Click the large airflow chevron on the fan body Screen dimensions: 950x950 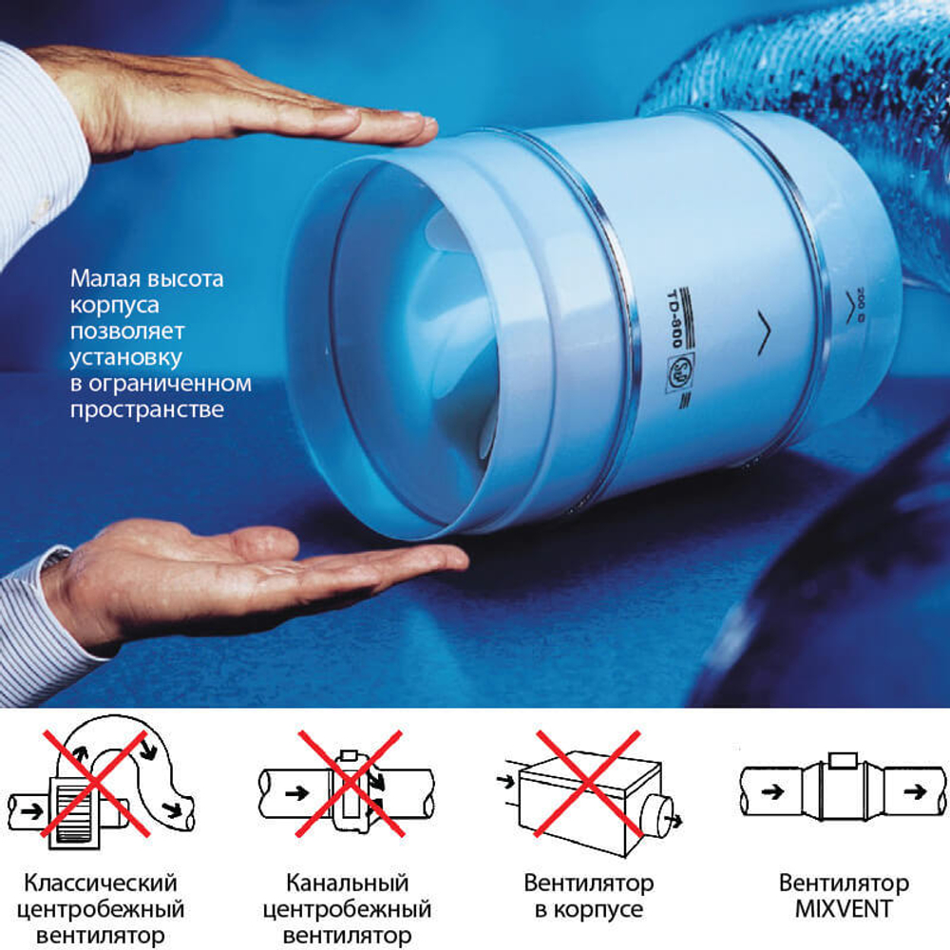764,332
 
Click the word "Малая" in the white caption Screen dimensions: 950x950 105,278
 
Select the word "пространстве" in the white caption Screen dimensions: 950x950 147,410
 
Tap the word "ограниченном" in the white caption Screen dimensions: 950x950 170,384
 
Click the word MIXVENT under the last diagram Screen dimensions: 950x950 844,909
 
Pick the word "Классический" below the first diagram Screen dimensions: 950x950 101,883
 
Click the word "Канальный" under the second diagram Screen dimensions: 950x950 347,883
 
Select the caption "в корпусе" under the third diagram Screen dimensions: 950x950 588,910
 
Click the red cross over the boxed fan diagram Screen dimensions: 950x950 588,784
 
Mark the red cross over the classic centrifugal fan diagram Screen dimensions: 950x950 96,784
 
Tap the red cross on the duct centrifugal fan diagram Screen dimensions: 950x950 350,784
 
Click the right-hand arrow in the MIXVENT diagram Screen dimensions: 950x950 915,791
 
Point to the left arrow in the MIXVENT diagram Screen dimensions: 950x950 772,791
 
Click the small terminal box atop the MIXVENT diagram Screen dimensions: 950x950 843,760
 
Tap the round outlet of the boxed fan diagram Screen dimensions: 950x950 657,816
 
